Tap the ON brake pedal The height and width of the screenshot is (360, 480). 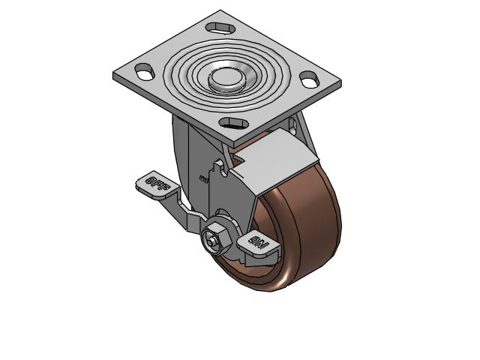pyautogui.click(x=259, y=245)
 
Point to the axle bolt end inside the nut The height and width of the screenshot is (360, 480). pyautogui.click(x=210, y=241)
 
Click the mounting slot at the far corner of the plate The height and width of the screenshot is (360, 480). pyautogui.click(x=220, y=28)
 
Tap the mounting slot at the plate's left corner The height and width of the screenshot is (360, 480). pyautogui.click(x=145, y=72)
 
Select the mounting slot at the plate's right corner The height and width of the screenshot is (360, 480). pyautogui.click(x=309, y=79)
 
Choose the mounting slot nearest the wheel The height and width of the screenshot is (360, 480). pyautogui.click(x=234, y=122)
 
